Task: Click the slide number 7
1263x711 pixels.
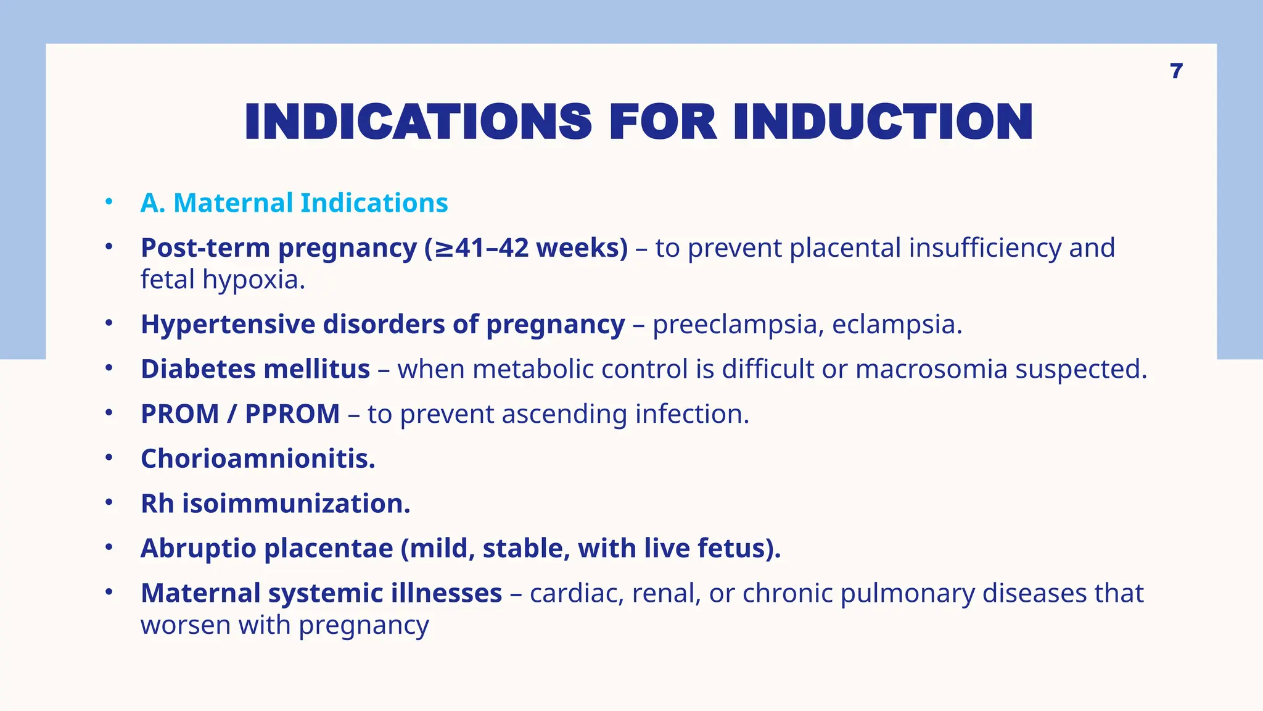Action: [x=1176, y=72]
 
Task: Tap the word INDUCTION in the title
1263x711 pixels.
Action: [x=882, y=122]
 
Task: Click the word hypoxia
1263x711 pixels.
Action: [x=253, y=280]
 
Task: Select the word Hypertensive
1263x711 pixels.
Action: [x=228, y=325]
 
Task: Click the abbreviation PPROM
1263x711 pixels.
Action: [x=292, y=414]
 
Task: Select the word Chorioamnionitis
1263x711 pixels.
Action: [x=258, y=459]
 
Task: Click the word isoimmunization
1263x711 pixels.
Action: [x=295, y=504]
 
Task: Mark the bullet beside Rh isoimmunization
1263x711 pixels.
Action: [x=109, y=503]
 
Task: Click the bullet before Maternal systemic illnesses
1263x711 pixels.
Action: [x=109, y=592]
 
